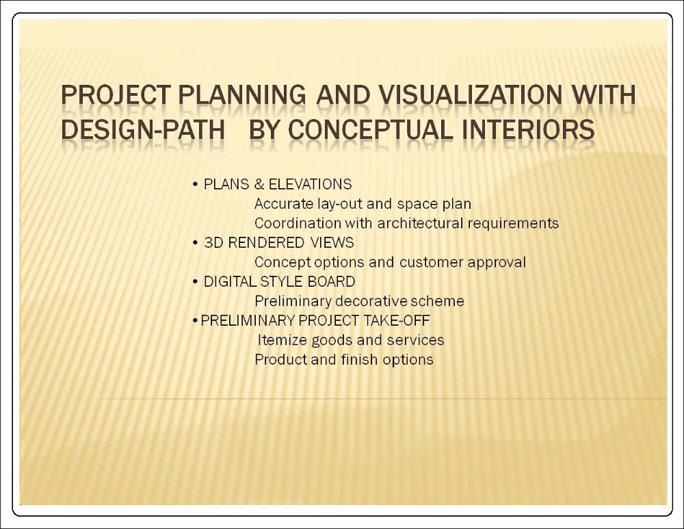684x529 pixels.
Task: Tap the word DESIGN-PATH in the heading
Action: click(143, 129)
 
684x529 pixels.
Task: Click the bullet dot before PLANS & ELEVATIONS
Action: click(195, 185)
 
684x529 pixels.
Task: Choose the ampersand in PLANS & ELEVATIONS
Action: click(259, 184)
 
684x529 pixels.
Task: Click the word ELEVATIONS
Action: click(310, 184)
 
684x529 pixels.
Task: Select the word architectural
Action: click(420, 223)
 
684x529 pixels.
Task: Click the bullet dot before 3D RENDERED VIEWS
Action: click(195, 243)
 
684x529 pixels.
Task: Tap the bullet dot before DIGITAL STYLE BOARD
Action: click(195, 281)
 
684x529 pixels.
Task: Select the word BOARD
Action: click(331, 281)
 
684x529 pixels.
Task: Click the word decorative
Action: click(371, 301)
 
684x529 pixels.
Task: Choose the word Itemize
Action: click(282, 340)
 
